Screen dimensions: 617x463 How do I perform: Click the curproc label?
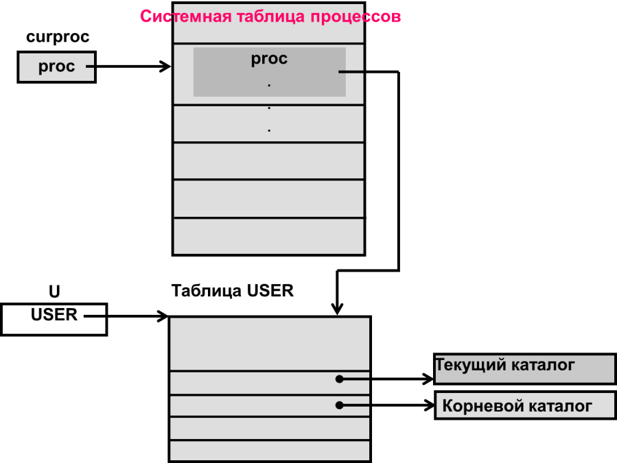tap(58, 37)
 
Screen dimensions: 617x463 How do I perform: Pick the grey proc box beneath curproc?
tap(56, 67)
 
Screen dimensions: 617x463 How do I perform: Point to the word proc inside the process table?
tap(269, 59)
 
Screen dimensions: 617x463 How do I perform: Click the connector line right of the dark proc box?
tap(351, 71)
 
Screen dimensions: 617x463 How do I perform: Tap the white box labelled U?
tap(54, 292)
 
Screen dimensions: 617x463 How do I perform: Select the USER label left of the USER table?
tap(54, 316)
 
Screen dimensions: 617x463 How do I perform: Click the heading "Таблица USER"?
tap(233, 291)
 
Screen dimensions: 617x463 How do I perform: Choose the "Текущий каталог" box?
tap(524, 368)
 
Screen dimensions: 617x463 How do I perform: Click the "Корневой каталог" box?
tap(525, 405)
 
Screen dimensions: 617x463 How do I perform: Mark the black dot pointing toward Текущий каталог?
tap(339, 379)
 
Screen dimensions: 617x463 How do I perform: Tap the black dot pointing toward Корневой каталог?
tap(339, 405)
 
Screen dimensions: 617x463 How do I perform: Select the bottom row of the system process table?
tap(268, 236)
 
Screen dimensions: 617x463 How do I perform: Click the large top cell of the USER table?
tap(269, 344)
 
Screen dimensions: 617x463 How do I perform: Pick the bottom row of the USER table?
tap(269, 451)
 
